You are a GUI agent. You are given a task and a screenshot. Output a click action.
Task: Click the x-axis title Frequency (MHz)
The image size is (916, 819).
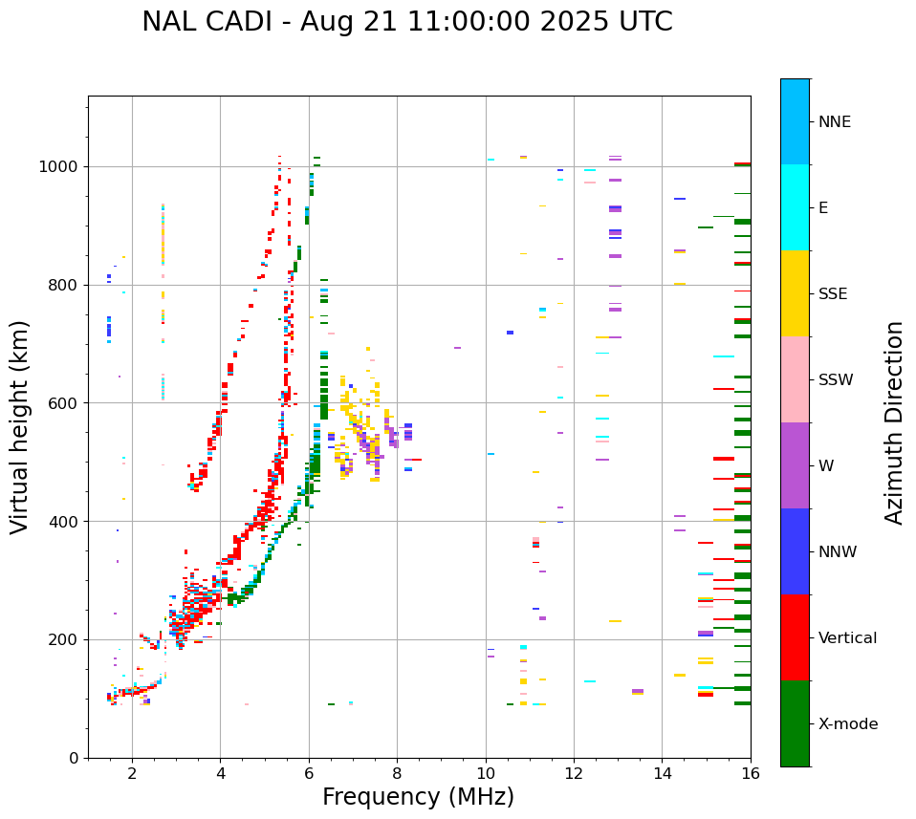coord(418,797)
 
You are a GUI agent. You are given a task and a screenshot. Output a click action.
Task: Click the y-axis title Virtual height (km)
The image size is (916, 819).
coord(21,427)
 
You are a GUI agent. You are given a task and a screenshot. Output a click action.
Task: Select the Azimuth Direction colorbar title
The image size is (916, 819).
coord(894,422)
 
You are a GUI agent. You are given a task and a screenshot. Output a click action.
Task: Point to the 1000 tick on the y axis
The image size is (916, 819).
coord(63,167)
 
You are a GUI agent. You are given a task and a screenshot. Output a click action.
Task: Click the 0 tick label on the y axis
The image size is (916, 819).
coord(73,758)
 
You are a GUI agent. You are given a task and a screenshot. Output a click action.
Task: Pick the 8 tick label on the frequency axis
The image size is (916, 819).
coord(397,774)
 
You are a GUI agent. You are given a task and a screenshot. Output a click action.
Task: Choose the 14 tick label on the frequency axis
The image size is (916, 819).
coord(663,774)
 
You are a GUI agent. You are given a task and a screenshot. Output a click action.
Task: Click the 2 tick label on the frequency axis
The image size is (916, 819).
coord(132,774)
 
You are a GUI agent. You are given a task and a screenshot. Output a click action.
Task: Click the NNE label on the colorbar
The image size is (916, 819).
coord(834,122)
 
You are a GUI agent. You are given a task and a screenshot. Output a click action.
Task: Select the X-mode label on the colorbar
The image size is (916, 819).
coord(847,724)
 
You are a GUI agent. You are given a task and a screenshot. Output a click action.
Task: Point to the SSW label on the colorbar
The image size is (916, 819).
coord(836,380)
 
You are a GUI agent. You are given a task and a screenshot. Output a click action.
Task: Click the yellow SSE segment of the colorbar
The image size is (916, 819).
coord(795,293)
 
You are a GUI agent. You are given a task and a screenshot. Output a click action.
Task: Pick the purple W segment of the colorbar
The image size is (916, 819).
coord(795,465)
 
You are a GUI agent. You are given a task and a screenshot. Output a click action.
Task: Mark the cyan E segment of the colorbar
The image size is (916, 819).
coord(795,207)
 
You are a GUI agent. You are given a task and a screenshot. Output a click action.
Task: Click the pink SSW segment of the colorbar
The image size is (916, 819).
coord(795,379)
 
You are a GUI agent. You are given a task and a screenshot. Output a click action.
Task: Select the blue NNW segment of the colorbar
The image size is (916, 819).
coord(795,551)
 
